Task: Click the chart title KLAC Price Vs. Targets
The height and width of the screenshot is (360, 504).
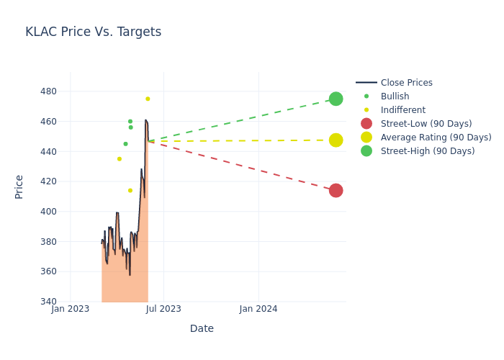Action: pyautogui.click(x=93, y=32)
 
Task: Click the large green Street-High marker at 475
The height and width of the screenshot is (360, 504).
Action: pyautogui.click(x=336, y=99)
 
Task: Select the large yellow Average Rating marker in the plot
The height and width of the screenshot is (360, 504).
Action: pyautogui.click(x=336, y=140)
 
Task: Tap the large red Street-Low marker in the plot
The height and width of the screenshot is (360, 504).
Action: pyautogui.click(x=336, y=190)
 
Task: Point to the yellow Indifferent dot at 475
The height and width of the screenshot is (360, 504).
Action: pyautogui.click(x=148, y=99)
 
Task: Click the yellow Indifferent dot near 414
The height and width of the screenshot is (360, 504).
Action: pyautogui.click(x=130, y=190)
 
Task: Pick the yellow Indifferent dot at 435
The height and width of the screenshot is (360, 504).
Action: pyautogui.click(x=120, y=158)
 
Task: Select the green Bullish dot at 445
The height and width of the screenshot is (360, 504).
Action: pyautogui.click(x=125, y=144)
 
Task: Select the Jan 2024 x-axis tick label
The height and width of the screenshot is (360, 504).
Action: pyautogui.click(x=258, y=309)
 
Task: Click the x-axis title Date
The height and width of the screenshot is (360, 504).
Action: pyautogui.click(x=202, y=328)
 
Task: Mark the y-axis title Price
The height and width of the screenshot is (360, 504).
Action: pyautogui.click(x=19, y=186)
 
